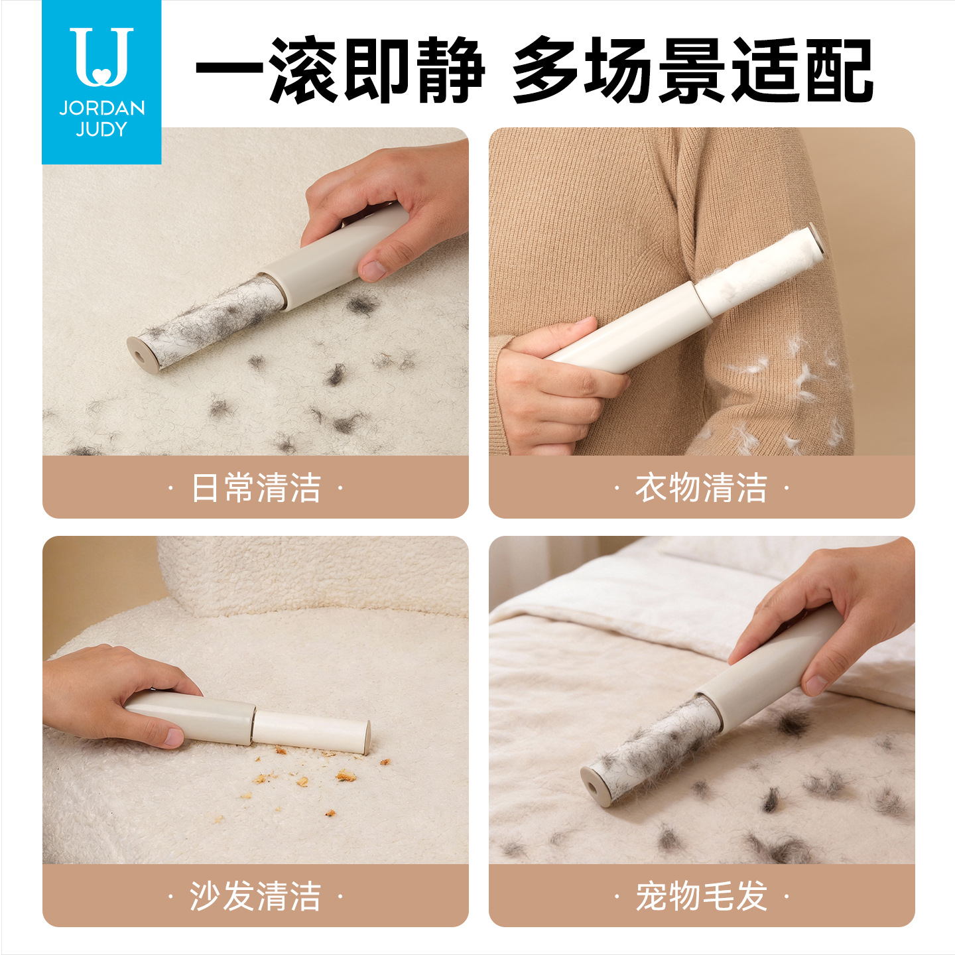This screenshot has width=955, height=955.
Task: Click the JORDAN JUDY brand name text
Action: click(101, 119)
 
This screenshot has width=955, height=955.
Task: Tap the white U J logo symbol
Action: click(101, 56)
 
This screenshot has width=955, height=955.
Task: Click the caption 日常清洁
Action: click(256, 487)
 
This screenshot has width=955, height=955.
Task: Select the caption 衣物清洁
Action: click(701, 487)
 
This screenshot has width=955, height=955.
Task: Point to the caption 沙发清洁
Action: click(256, 896)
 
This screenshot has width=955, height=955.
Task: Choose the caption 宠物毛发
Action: click(701, 896)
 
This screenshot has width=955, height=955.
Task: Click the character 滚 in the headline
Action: click(303, 70)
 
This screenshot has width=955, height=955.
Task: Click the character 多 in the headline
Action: click(546, 70)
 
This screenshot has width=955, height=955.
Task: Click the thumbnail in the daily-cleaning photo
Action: click(373, 269)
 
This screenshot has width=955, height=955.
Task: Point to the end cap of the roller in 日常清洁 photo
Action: click(142, 353)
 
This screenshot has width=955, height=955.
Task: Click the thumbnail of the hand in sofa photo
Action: click(173, 736)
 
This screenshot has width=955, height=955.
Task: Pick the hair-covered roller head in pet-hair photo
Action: click(653, 747)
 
